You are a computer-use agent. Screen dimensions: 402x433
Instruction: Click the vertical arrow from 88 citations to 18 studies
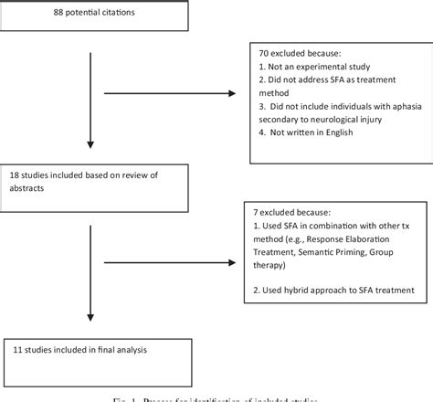click(90, 100)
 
